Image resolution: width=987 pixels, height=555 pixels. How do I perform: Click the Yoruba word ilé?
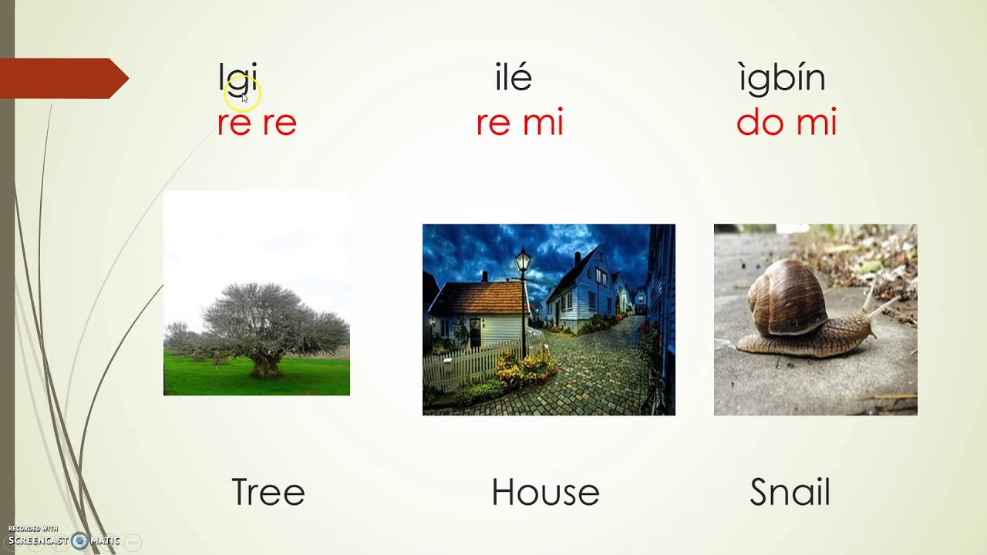pos(514,78)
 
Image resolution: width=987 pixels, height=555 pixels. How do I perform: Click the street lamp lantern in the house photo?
pos(524,260)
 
